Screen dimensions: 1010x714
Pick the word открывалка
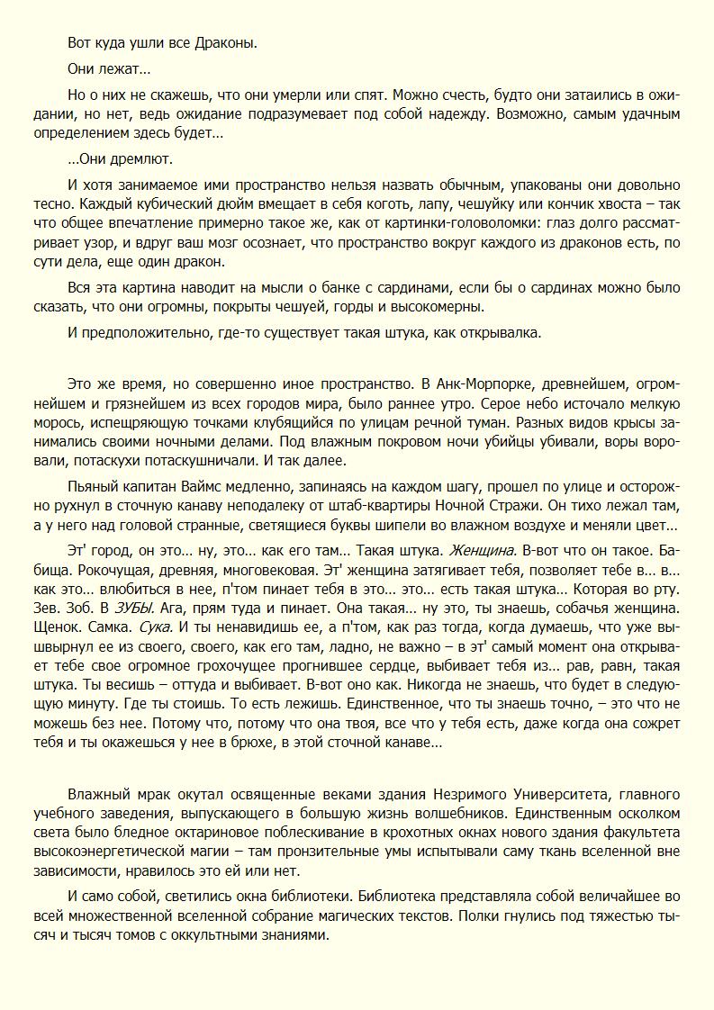coord(506,332)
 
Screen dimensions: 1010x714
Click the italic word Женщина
coord(483,549)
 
